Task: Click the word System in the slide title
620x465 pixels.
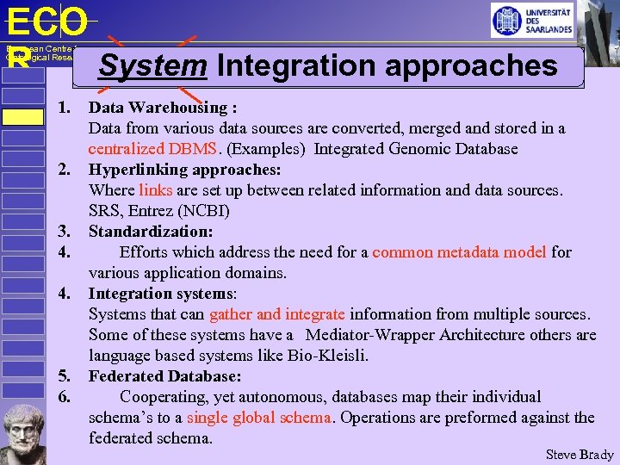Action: pyautogui.click(x=152, y=65)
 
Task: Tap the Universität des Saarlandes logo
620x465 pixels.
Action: pyautogui.click(x=531, y=21)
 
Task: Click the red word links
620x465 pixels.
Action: pyautogui.click(x=155, y=190)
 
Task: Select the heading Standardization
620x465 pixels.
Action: pyautogui.click(x=151, y=232)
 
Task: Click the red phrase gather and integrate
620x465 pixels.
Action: pyautogui.click(x=276, y=314)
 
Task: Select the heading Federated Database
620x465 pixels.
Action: pyautogui.click(x=164, y=376)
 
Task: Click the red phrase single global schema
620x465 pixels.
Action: pyautogui.click(x=258, y=418)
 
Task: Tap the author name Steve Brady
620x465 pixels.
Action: pyautogui.click(x=580, y=455)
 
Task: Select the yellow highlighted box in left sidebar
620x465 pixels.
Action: pyautogui.click(x=22, y=117)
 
